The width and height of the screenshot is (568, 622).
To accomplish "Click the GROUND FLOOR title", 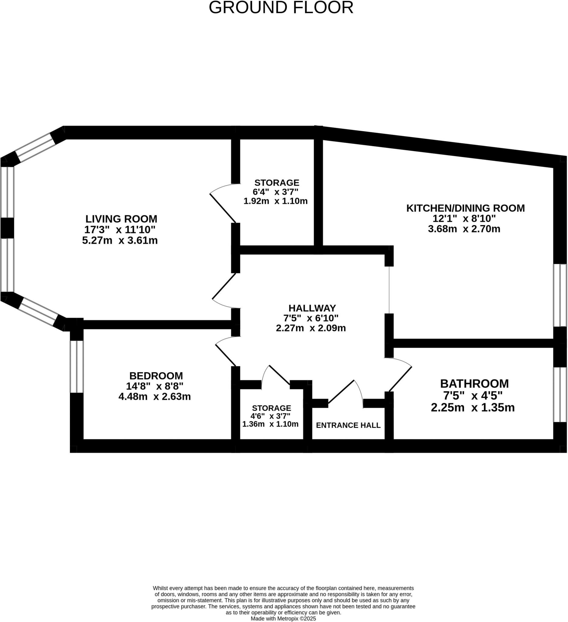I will click(281, 7).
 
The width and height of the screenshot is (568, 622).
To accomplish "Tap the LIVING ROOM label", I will click(121, 219).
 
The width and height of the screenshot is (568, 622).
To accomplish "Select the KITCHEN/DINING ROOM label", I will click(466, 208).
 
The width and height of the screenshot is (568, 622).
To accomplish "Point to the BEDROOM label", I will click(156, 376).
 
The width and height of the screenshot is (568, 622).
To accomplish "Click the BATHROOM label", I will click(474, 384).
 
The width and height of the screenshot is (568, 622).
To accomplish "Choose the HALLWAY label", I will click(312, 308).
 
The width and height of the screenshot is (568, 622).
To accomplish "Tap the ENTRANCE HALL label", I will click(348, 425).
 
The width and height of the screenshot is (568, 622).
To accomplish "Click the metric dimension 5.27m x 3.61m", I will click(120, 240).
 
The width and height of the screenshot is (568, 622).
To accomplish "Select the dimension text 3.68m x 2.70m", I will click(464, 229).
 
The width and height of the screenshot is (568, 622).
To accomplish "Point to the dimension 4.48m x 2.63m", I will click(155, 396).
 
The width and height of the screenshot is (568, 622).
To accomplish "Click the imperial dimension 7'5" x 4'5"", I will click(473, 395).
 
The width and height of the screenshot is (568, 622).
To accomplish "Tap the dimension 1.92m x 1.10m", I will click(275, 201).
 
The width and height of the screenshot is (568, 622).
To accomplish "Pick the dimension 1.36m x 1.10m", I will click(270, 424).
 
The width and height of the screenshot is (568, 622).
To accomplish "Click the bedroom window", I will click(77, 367).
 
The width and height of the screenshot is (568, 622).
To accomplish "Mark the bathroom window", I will click(560, 395).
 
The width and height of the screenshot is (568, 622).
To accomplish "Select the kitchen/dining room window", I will click(560, 295).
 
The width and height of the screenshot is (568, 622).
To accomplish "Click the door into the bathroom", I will click(400, 378).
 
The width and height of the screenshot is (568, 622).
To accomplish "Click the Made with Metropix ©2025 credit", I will click(283, 619).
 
